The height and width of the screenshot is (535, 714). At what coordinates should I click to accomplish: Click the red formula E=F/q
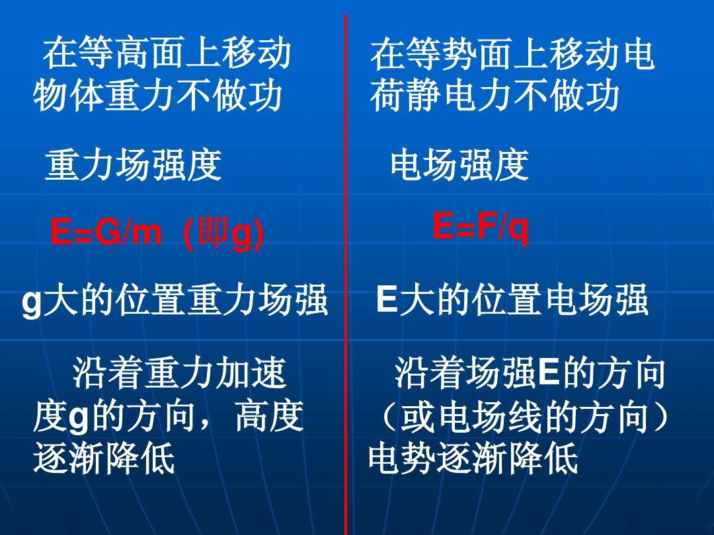coord(481,227)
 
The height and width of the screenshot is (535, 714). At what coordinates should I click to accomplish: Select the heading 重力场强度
coord(134,164)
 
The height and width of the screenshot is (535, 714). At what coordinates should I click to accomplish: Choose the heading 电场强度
coord(459,164)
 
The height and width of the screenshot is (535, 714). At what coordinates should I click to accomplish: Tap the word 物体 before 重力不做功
coord(68,95)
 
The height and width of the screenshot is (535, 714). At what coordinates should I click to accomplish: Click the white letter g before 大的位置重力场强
coord(32,304)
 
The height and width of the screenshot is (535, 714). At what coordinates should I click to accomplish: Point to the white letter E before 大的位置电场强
coord(387,299)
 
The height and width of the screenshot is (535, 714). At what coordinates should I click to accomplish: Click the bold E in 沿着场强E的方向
coord(548,373)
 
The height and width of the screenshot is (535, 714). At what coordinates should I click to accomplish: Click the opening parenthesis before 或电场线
coord(387,416)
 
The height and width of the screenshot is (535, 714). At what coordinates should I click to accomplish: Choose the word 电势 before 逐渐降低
coord(403,458)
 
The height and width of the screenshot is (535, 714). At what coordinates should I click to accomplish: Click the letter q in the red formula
coord(519,231)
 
